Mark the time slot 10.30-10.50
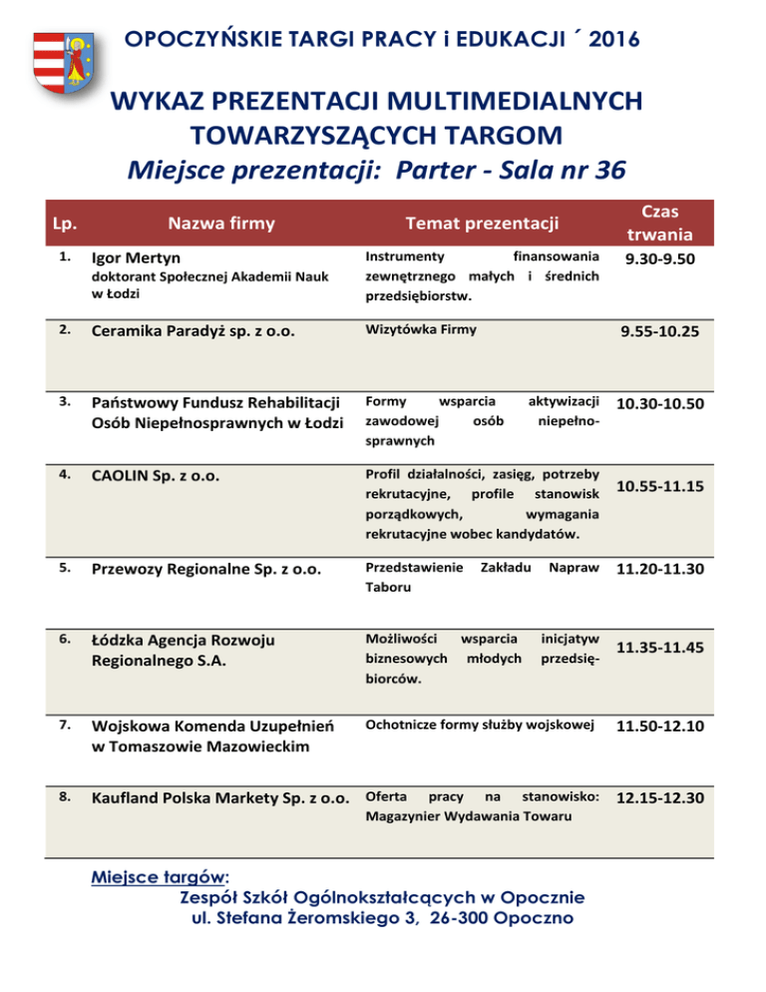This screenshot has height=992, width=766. pos(659,404)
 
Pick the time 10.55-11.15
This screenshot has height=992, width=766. pos(659,487)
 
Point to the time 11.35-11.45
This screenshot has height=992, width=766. pos(659,648)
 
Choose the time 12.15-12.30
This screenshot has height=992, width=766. pos(659,799)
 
